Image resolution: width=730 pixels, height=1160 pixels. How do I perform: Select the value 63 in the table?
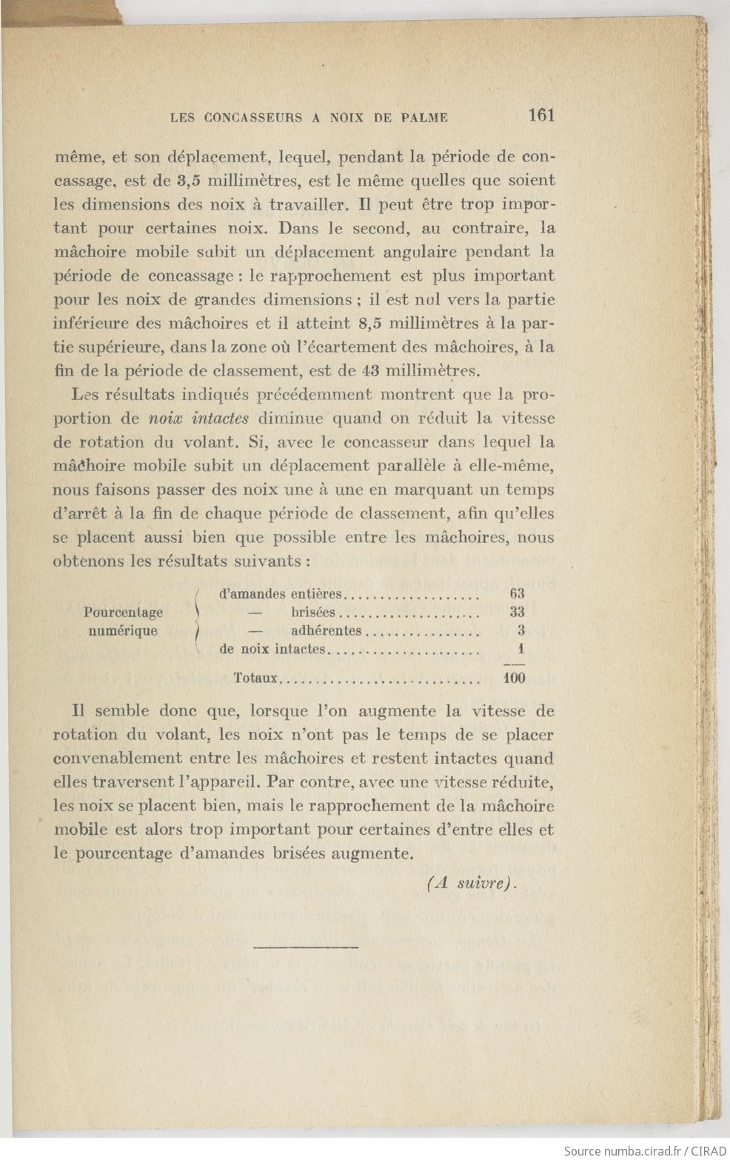pyautogui.click(x=517, y=593)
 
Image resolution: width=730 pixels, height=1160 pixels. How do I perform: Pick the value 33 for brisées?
pyautogui.click(x=517, y=613)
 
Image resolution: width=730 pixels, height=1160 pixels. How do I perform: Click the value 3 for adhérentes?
pyautogui.click(x=521, y=631)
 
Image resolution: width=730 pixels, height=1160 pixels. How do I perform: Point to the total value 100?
pyautogui.click(x=514, y=677)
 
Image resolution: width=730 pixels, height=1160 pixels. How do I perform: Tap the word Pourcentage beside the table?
pyautogui.click(x=123, y=613)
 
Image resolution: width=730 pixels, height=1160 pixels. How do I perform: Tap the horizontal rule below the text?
pyautogui.click(x=306, y=947)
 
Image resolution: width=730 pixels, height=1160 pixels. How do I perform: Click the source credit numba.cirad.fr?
pyautogui.click(x=643, y=1150)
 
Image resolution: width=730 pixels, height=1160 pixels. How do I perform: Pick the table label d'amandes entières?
pyautogui.click(x=281, y=594)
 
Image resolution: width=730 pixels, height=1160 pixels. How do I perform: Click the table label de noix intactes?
pyautogui.click(x=272, y=650)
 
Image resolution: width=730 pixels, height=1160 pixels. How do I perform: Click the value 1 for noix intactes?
pyautogui.click(x=522, y=650)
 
